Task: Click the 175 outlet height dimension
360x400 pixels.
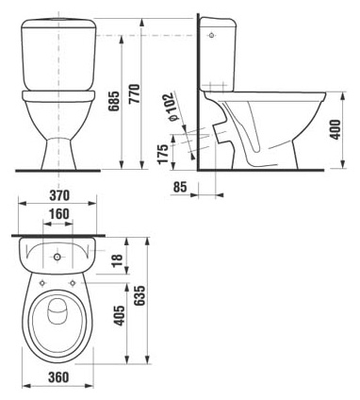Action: pyautogui.click(x=164, y=152)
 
